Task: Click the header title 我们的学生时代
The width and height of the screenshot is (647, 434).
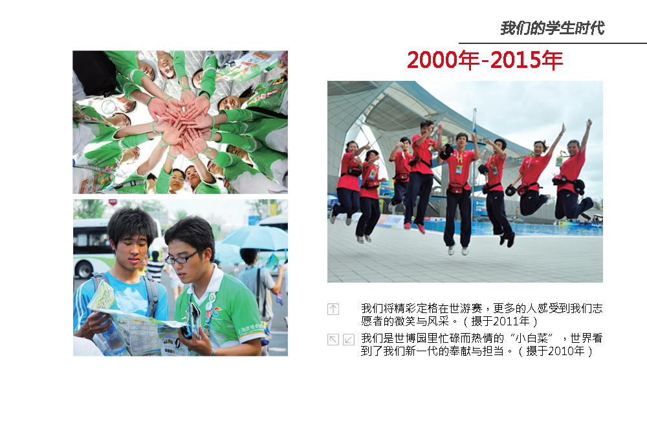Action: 552,28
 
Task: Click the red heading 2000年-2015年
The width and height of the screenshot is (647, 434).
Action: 485,60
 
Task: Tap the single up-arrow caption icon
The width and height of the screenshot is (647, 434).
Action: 333,309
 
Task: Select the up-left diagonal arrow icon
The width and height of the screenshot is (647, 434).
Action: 333,339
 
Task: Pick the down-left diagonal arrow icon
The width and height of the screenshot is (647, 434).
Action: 349,339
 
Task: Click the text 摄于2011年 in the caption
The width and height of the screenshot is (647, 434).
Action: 500,321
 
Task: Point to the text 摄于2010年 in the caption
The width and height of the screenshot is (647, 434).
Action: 555,351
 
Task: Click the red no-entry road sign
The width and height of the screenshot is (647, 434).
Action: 112,202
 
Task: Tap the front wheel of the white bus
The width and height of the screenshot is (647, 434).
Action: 85,270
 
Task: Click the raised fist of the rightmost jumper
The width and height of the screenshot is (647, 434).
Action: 589,122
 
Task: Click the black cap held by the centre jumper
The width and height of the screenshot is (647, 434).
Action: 446,151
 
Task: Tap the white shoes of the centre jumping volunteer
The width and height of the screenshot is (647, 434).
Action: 457,250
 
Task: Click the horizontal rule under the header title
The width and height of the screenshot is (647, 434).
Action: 553,43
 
